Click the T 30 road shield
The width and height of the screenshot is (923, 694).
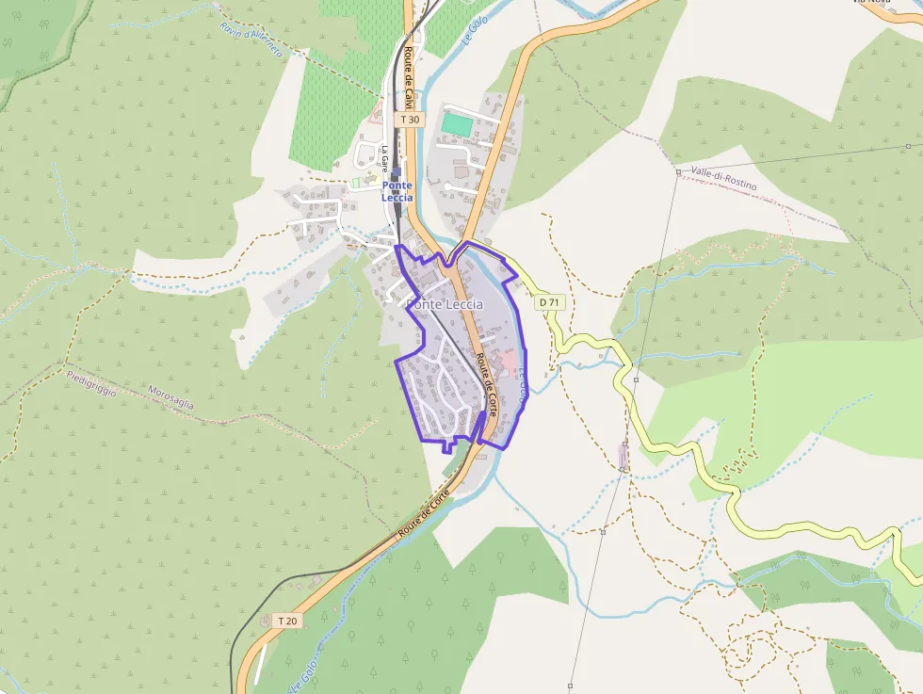411,120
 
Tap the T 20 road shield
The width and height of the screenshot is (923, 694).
288,621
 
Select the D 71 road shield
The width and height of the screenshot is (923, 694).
549,302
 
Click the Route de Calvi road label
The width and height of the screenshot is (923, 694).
409,79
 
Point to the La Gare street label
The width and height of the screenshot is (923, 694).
385,154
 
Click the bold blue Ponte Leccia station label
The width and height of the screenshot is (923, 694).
397,191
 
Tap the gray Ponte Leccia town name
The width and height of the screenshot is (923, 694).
445,304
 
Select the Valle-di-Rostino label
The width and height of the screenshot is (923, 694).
723,178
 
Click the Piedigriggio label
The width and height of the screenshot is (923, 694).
91,383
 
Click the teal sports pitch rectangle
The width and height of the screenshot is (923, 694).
456,123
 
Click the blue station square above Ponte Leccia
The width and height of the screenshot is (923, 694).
396,173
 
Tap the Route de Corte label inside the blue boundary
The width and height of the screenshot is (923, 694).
486,384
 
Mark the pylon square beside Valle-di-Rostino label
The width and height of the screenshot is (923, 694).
678,172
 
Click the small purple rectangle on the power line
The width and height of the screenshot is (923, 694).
623,457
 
